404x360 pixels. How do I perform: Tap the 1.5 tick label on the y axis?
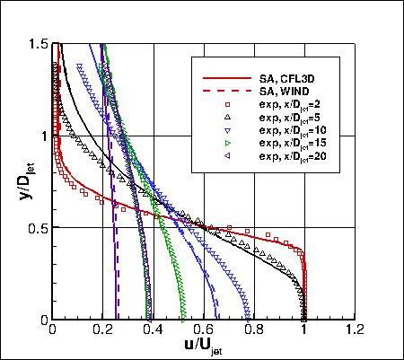(x=38, y=44)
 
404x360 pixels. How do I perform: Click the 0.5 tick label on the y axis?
(x=38, y=227)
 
